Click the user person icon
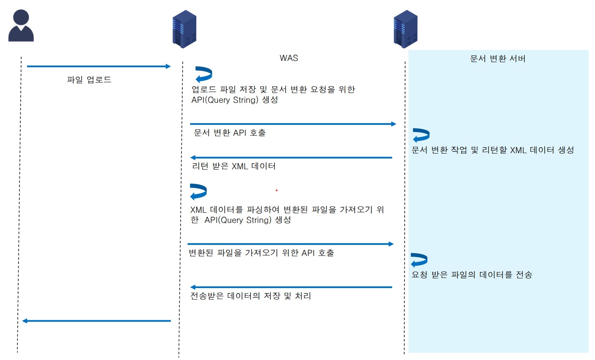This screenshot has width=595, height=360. pos(21,26)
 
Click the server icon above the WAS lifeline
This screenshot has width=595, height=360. pos(184,29)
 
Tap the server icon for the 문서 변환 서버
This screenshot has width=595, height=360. pos(405,29)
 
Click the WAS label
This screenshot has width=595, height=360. pos(289,58)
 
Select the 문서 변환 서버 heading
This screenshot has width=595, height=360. pos(498,59)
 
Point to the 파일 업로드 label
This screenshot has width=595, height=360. pos(89,80)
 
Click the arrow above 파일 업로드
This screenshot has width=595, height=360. pos(99,66)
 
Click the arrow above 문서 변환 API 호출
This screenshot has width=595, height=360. pos(293,124)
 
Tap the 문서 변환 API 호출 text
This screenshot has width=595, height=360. pos(230,133)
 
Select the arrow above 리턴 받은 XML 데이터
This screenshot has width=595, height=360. pos(291,158)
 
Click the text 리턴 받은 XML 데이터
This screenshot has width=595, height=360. pos(233,166)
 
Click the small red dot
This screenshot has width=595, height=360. pos(277,190)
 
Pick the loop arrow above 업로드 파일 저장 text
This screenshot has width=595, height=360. pos(203,74)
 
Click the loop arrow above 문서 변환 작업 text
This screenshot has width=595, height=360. pos(421,135)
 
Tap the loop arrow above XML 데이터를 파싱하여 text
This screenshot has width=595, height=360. pos(198,192)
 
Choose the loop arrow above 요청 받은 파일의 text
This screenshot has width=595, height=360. pos(419,260)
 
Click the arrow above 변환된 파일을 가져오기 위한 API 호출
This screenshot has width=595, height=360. pos(291,244)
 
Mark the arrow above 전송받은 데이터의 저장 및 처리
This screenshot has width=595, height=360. pos(291,287)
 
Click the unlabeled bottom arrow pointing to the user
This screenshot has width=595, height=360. pos(96,321)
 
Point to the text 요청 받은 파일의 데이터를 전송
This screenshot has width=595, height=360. pos(472,275)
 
